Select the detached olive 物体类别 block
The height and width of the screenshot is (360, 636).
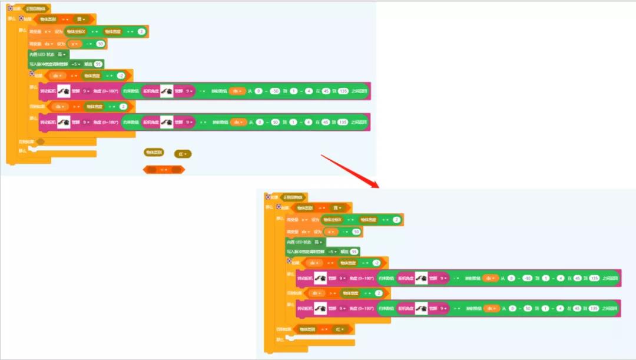pyautogui.click(x=153, y=152)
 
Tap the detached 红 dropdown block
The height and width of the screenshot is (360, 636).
pyautogui.click(x=183, y=154)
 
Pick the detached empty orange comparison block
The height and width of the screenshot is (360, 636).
pyautogui.click(x=164, y=170)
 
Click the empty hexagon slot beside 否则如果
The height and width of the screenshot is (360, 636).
pyautogui.click(x=40, y=141)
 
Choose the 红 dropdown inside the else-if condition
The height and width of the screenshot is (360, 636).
pyautogui.click(x=341, y=329)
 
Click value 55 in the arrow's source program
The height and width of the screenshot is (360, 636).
pyautogui.click(x=98, y=64)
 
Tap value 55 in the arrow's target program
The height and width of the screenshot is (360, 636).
pyautogui.click(x=354, y=252)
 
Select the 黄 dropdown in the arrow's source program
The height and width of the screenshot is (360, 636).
pyautogui.click(x=84, y=19)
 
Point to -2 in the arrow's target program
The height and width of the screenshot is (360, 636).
pyautogui.click(x=376, y=263)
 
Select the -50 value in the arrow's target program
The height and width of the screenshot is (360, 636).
pyautogui.click(x=528, y=278)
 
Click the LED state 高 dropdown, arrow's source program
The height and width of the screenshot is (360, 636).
pyautogui.click(x=61, y=54)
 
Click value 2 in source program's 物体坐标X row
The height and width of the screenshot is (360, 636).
pyautogui.click(x=141, y=31)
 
